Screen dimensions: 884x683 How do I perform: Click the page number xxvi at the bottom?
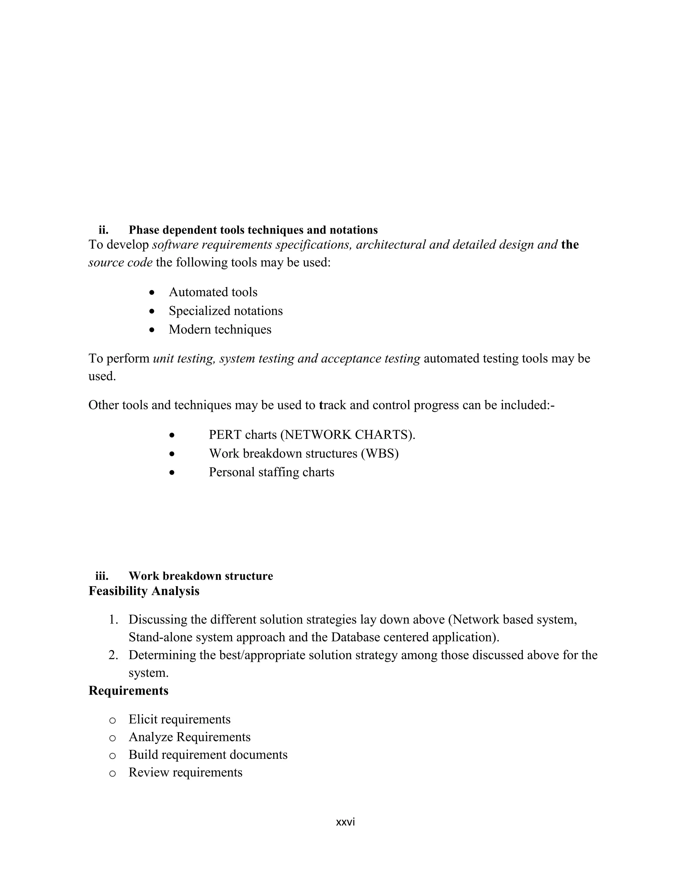(345, 822)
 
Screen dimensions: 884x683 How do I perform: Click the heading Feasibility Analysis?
(144, 591)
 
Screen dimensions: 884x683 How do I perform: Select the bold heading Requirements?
(128, 691)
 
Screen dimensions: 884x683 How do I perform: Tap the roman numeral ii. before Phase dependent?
(104, 230)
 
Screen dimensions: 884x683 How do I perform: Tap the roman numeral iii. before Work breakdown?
(102, 576)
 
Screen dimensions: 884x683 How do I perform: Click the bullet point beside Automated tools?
(152, 292)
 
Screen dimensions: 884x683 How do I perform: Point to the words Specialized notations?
(225, 311)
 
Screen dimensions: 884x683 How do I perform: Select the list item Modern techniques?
(220, 330)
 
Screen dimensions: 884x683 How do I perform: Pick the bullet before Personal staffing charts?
(172, 472)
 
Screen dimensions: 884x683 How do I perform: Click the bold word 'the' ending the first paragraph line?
(570, 245)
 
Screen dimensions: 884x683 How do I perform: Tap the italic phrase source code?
(120, 263)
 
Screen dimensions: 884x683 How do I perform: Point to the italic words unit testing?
(184, 359)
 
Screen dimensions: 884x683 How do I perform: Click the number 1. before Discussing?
(113, 620)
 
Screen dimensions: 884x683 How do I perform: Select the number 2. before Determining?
(113, 655)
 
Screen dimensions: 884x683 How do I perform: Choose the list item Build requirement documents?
(207, 755)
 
